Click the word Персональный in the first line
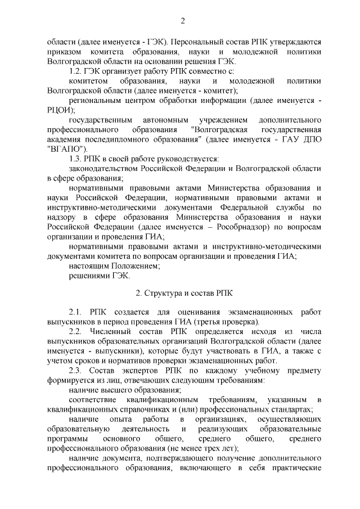195,42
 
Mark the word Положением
134,266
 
